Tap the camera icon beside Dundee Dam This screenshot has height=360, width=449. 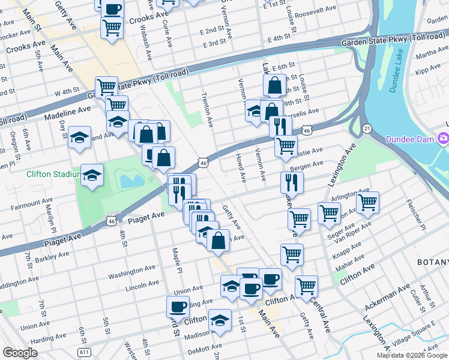click(444, 139)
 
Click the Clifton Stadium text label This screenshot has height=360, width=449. click(53, 175)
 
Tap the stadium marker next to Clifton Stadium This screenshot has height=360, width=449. click(91, 175)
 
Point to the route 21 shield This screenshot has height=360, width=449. click(367, 128)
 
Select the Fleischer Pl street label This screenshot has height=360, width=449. click(415, 212)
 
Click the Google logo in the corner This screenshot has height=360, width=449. click(20, 353)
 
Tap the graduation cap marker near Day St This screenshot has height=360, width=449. click(79, 138)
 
